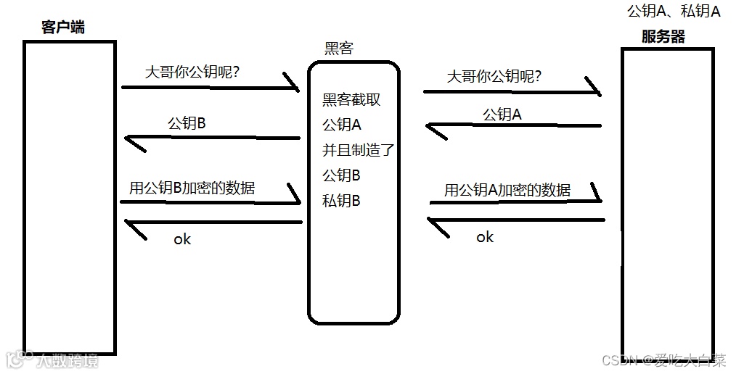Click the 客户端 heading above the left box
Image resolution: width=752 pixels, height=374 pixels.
tap(64, 28)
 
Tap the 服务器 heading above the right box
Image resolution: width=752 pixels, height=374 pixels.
tap(663, 37)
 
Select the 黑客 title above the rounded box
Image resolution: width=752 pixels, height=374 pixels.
tap(339, 49)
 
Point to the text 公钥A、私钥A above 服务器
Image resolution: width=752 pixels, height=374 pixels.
tap(673, 12)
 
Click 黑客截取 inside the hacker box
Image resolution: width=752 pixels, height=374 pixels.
tap(351, 100)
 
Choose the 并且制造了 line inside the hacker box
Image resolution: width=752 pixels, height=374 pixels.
tap(358, 151)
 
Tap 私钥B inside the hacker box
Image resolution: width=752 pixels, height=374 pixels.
tap(341, 201)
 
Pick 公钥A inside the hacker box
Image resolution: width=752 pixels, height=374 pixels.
tap(342, 125)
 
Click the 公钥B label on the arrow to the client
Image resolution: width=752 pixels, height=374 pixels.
tap(187, 123)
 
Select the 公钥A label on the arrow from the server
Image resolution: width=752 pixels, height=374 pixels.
tap(502, 114)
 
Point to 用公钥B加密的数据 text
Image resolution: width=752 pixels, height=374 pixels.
tap(192, 188)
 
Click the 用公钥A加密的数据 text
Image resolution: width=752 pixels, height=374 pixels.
tap(507, 190)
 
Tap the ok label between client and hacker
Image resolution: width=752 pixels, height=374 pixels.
tap(182, 239)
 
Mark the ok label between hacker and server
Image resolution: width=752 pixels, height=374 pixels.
tap(485, 237)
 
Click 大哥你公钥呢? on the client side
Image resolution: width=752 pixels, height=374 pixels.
tap(193, 73)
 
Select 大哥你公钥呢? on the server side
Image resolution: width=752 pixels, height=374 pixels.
tap(495, 76)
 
